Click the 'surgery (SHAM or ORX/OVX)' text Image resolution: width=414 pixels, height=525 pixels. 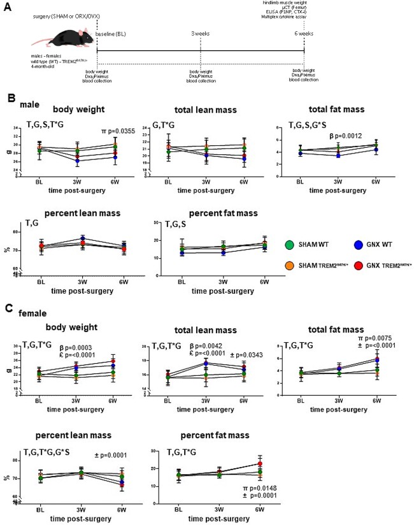(x=61, y=14)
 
